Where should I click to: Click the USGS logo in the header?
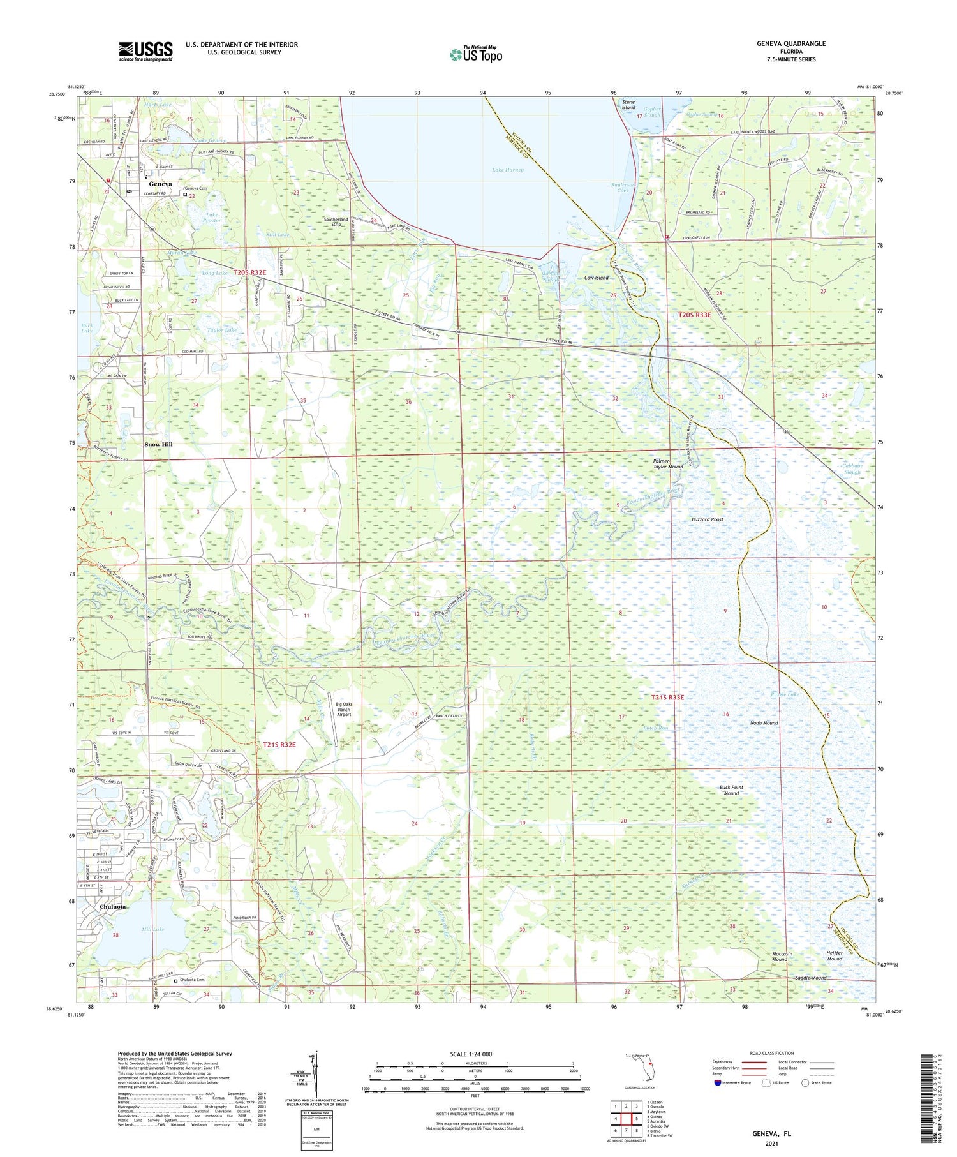(145, 51)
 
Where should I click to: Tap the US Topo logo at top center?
(475, 55)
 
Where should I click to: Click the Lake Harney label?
(508, 170)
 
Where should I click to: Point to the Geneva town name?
(160, 184)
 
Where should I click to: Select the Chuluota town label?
(112, 906)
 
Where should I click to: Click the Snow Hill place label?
(158, 444)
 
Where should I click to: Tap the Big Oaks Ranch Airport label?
(344, 709)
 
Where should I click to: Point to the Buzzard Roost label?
(708, 519)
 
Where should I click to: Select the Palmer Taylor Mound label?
(667, 463)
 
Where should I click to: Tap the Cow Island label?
(597, 278)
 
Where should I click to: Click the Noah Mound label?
(764, 723)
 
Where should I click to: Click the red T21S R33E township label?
(667, 698)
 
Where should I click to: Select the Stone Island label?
(628, 105)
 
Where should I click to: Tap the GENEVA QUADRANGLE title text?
(791, 43)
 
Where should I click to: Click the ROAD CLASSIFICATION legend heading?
(771, 1053)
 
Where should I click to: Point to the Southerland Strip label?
(336, 222)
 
